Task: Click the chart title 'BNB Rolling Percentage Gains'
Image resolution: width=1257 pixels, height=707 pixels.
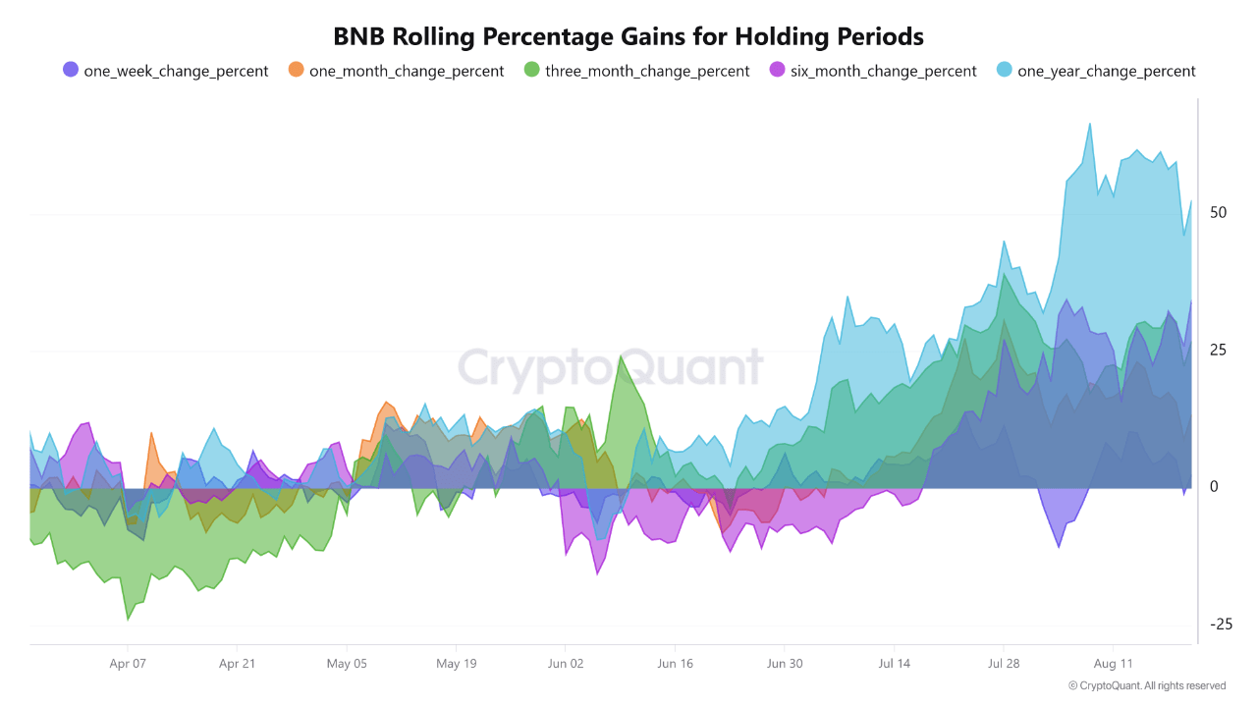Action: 628,36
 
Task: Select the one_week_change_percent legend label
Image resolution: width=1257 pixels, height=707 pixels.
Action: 176,71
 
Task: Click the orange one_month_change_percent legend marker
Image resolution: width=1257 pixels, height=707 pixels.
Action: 296,70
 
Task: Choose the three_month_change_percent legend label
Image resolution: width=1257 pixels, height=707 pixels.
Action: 647,71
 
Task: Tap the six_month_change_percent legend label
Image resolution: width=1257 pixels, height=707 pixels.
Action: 883,71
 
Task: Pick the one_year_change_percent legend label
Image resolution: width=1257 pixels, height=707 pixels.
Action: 1106,71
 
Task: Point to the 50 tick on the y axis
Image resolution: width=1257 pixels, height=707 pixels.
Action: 1219,213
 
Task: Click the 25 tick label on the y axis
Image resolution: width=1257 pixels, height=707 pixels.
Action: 1219,351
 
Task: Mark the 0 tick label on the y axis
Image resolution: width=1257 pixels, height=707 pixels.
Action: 1215,487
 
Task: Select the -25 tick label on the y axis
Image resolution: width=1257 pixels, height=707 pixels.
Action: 1221,625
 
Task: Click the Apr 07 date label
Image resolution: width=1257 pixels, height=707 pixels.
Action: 128,664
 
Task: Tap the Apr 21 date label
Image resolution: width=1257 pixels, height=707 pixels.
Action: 237,664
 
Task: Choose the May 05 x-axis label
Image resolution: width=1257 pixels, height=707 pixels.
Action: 347,664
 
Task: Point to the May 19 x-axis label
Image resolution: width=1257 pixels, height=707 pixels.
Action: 456,664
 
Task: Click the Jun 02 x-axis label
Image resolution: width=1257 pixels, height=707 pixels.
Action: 566,664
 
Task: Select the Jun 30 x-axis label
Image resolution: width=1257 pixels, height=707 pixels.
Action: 785,664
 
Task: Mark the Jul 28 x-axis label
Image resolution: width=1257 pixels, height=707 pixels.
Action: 1004,664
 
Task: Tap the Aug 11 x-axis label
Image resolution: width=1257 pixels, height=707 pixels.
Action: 1113,664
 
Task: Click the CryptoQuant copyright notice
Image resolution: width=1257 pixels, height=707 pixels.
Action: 1147,685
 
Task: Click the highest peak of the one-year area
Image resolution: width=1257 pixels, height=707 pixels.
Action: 1089,125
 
